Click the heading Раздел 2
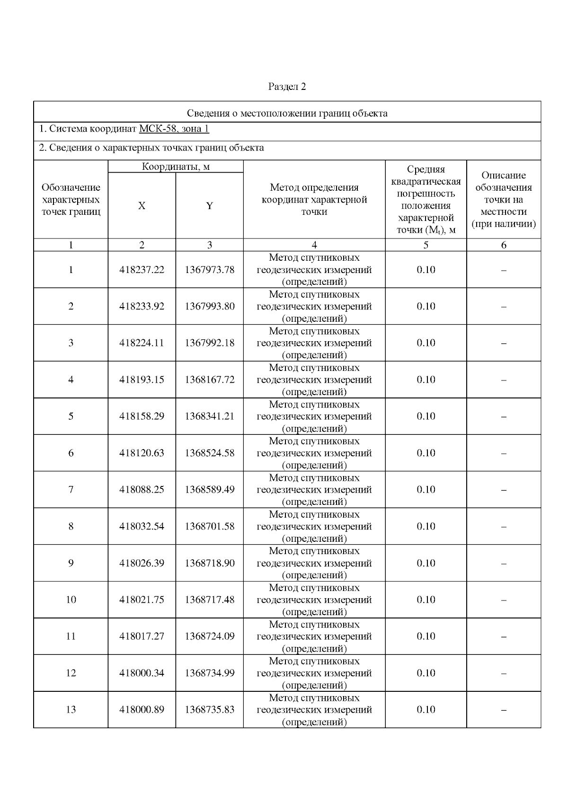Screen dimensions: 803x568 (287, 87)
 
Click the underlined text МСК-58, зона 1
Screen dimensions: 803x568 (174, 129)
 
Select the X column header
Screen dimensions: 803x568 (142, 206)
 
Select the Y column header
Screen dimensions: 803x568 (209, 206)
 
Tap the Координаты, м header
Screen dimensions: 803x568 (176, 167)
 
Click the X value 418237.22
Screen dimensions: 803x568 (142, 270)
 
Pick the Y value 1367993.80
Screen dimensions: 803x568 (209, 306)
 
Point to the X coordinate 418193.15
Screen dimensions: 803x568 (142, 379)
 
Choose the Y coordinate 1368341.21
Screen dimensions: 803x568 (209, 416)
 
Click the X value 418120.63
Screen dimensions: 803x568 (142, 453)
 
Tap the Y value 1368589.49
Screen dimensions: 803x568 (209, 490)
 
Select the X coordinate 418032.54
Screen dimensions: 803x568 (142, 526)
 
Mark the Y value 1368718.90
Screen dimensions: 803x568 (209, 563)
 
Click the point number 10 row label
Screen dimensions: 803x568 (71, 600)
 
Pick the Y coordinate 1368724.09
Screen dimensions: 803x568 (209, 636)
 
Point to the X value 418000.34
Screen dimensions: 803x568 (142, 673)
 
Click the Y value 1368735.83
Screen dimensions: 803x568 (209, 710)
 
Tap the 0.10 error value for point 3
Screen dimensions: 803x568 (426, 343)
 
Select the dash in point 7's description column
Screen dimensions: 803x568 (504, 490)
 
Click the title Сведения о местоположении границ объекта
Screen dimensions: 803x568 (287, 113)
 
